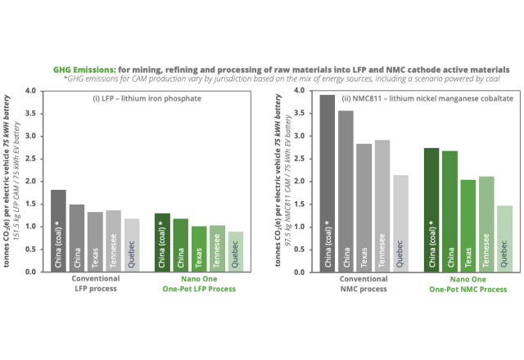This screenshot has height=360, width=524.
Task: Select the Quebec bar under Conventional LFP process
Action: pyautogui.click(x=132, y=245)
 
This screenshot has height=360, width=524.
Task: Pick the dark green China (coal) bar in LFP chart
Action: pyautogui.click(x=162, y=242)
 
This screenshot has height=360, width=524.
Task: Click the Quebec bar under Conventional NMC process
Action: pyautogui.click(x=400, y=223)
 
